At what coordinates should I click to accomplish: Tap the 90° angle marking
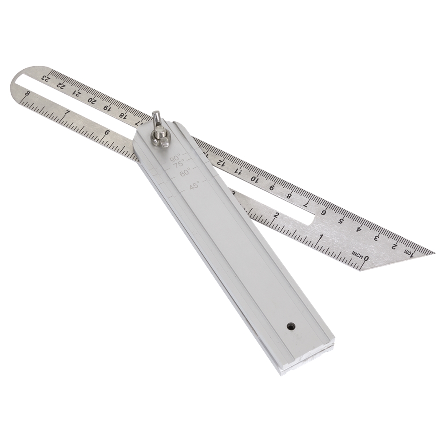point(175,158)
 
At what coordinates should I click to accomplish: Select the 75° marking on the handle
point(179,164)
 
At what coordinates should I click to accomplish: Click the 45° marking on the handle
point(194,187)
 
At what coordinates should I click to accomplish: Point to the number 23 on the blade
point(45,78)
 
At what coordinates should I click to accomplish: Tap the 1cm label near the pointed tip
point(408,252)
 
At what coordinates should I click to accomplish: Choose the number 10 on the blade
point(254,179)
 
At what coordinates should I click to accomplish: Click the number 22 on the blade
point(61,85)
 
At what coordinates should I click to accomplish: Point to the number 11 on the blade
point(238,171)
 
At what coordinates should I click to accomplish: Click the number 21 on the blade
point(76,92)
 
